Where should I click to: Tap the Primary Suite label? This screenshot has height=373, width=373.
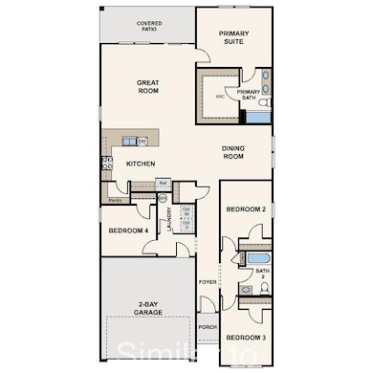coord(233,38)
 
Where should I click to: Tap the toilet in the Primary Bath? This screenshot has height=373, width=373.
coord(265,100)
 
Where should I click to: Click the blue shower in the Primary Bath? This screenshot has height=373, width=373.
coord(258,117)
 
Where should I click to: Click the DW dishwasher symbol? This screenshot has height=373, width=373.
coord(142,143)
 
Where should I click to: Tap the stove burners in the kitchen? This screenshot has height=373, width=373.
coord(107,163)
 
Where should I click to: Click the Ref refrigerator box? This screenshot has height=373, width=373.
coord(164,182)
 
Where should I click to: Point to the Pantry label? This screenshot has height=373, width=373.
coord(115,200)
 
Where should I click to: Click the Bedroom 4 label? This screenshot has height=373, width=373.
coord(127,230)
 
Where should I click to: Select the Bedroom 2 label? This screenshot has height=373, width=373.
coord(244,208)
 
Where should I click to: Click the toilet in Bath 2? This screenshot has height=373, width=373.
coord(246,288)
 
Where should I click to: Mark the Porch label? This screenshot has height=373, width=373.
coord(208,326)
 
